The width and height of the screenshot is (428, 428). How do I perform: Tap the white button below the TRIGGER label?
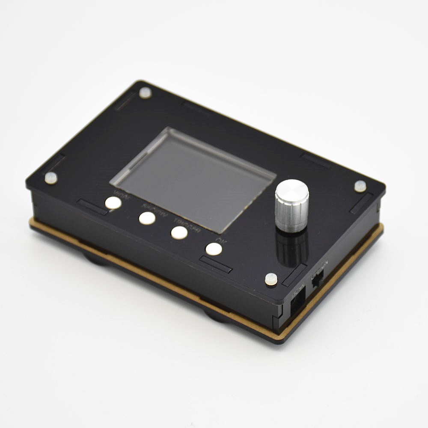179,232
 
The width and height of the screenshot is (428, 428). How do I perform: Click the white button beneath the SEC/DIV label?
147,218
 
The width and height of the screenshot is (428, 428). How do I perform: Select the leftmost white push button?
113,203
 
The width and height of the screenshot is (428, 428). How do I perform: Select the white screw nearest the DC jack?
271,279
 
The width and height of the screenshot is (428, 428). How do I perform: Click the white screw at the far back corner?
145,92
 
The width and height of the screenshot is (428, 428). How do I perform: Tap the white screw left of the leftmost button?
51,178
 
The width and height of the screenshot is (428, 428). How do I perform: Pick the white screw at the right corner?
360,186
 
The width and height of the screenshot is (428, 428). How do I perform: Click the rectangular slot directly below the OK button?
216,265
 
